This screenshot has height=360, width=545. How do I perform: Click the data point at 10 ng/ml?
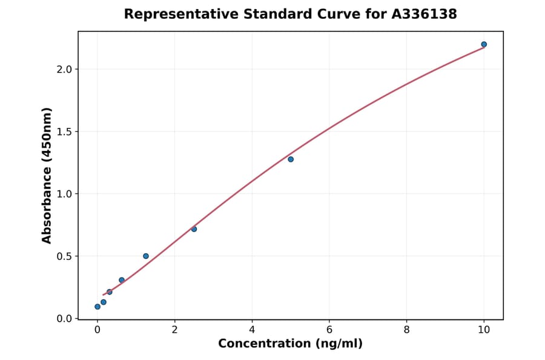(484, 44)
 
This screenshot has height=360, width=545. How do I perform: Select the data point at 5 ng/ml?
(291, 159)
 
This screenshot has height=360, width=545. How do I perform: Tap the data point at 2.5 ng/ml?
(194, 229)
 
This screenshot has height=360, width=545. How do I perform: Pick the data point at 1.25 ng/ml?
(146, 256)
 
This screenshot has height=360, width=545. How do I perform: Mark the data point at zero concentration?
(97, 307)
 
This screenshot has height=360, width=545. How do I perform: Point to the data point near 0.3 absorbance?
(122, 280)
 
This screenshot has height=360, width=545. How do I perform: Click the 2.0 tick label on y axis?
(64, 69)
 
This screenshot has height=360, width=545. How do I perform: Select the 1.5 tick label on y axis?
(64, 132)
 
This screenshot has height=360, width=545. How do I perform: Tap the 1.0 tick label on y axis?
(64, 194)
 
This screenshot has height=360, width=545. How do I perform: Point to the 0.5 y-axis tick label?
(64, 256)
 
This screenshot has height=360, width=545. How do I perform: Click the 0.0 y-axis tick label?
(64, 319)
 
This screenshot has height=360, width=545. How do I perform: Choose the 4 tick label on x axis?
(252, 330)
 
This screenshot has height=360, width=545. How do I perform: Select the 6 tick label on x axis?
(329, 330)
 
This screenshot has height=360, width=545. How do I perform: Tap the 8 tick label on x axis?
(406, 330)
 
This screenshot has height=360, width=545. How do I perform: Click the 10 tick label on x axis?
(484, 330)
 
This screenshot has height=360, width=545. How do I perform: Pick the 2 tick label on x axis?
(174, 330)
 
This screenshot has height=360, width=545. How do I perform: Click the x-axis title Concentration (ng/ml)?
(290, 344)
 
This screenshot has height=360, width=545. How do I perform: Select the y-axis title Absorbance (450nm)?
(47, 175)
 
